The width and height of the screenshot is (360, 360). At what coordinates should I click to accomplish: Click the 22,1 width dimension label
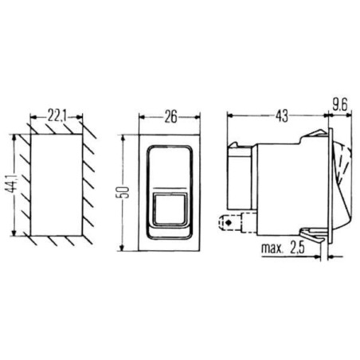pos(57,115)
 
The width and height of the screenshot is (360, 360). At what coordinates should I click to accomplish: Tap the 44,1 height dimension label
pos(11,183)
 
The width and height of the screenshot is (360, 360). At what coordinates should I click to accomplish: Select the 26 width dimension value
pos(170,117)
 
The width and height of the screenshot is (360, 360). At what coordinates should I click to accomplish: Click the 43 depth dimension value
pos(281,116)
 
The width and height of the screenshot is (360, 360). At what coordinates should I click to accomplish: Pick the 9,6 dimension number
pos(340,104)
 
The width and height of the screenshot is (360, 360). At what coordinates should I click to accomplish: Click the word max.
pos(272,248)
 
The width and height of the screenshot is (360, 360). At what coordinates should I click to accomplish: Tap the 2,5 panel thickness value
pos(297,248)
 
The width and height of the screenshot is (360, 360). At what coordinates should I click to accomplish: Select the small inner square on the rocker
pos(170,209)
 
